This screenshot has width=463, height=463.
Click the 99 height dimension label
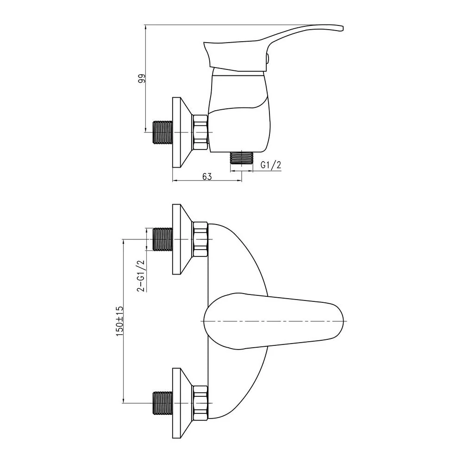[x=142, y=79]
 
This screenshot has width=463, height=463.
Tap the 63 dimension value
[x=207, y=176]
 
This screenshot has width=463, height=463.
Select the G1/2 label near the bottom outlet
[x=271, y=165]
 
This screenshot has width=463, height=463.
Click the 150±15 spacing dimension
[x=119, y=321]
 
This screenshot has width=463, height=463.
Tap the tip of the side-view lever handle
[x=343, y=28]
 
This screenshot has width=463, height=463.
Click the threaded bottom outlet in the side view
[x=242, y=158]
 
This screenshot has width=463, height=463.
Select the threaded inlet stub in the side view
[x=163, y=132]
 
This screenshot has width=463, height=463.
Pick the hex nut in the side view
[x=200, y=132]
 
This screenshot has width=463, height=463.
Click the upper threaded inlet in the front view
[x=163, y=239]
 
